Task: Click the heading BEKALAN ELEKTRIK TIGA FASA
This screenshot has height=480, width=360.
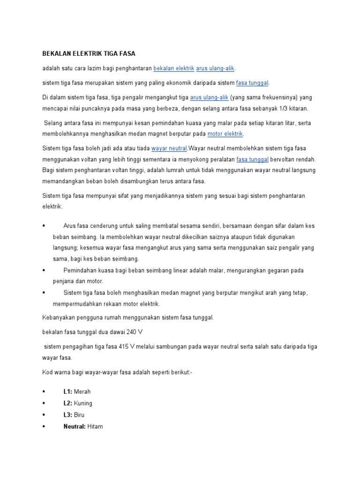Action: (89, 54)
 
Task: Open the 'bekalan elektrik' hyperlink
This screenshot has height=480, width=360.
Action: (173, 68)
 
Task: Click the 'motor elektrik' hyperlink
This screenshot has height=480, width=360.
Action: (225, 134)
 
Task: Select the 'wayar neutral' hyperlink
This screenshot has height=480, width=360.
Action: (169, 148)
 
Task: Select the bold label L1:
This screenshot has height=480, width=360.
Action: (67, 391)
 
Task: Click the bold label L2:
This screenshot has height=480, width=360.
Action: (67, 403)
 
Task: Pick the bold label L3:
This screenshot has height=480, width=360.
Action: (67, 415)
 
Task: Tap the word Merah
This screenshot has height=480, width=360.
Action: (82, 391)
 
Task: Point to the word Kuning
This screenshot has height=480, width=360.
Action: (83, 403)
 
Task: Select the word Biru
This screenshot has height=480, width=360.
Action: (80, 415)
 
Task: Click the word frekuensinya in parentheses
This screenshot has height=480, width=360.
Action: (272, 97)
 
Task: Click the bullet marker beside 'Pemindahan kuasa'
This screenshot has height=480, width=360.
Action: (44, 270)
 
